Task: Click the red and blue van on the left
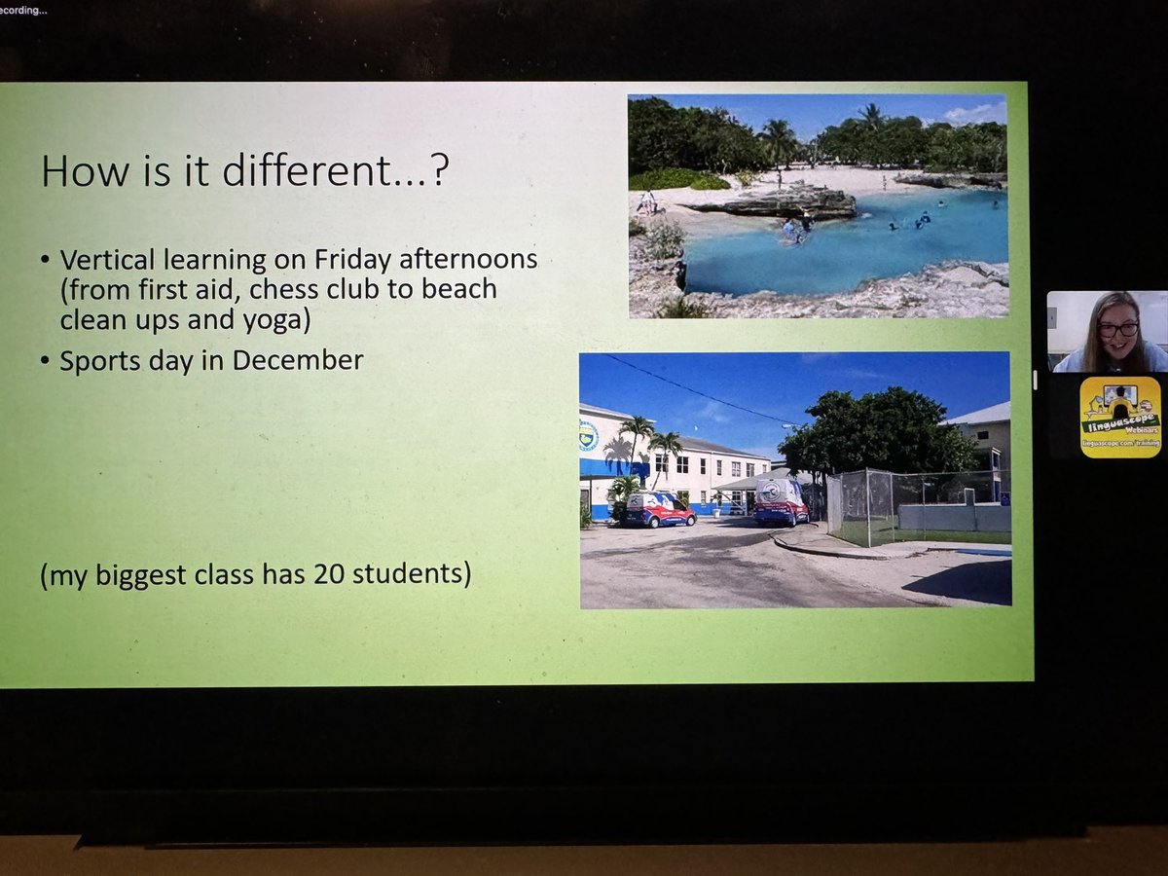coord(658,509)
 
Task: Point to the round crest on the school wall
coord(589,435)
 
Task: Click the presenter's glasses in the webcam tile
coord(1117,329)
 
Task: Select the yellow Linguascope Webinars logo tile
coord(1120,417)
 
